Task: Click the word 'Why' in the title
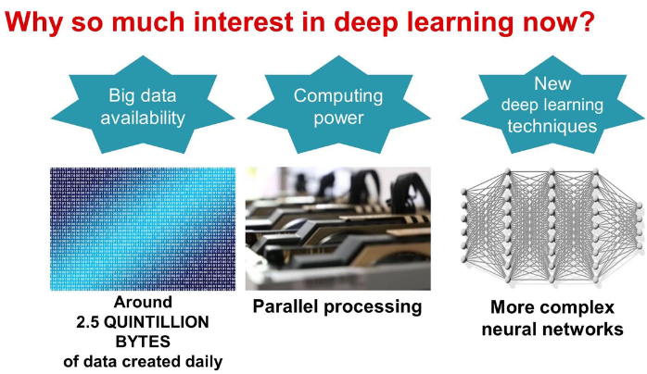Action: click(x=33, y=21)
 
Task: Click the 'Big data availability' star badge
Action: click(x=142, y=106)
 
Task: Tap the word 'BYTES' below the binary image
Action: click(x=143, y=342)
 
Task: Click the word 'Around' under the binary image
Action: click(x=143, y=304)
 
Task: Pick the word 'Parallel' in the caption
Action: click(x=290, y=305)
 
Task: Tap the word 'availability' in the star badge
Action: click(x=142, y=118)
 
